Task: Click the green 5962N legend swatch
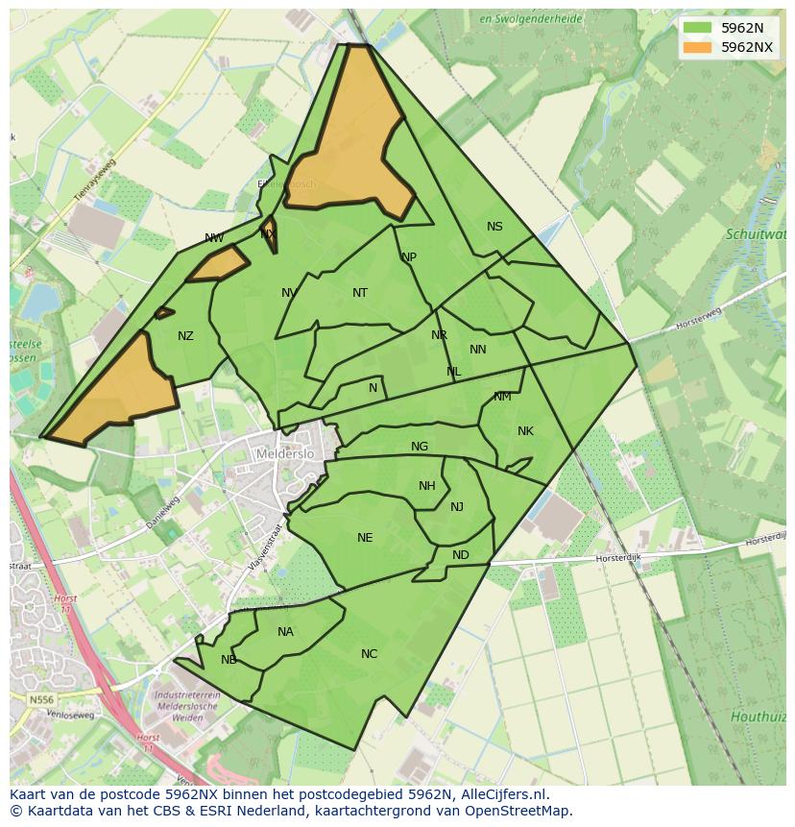point(698,28)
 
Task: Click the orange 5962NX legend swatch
point(698,47)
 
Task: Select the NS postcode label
point(494,227)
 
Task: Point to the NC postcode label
point(369,654)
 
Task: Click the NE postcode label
point(365,538)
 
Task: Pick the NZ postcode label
point(185,336)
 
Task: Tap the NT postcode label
point(360,293)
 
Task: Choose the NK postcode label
point(525,431)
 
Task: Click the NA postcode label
point(285,632)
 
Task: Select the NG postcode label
point(420,447)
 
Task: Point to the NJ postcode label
point(457,507)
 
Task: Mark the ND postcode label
point(461,555)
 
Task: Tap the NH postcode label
point(427,486)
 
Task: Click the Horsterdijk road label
point(618,557)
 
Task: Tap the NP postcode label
point(409,257)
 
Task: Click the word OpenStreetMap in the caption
point(518,811)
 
